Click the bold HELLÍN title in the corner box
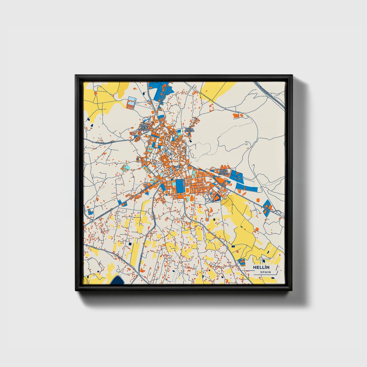261,267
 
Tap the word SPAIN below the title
265,272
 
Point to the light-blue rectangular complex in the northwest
131,103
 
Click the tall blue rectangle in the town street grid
180,186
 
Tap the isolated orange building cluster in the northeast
238,116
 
